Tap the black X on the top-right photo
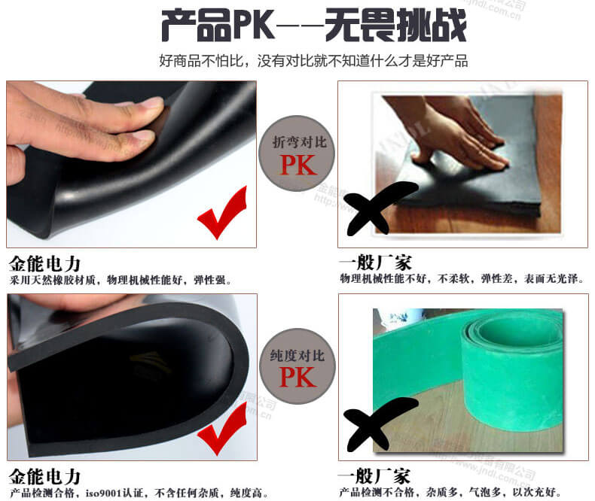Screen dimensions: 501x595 [x=380, y=206]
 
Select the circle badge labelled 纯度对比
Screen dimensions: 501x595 [x=298, y=367]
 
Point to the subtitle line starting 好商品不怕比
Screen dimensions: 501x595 [x=313, y=61]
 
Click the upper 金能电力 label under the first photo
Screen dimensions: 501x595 [x=45, y=264]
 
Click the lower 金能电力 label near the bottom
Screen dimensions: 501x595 [x=45, y=477]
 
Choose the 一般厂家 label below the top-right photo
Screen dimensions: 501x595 [x=375, y=264]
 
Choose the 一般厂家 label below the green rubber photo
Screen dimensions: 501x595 [x=375, y=477]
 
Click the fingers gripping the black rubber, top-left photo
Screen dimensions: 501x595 [x=83, y=120]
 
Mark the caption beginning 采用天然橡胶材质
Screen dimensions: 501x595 [x=121, y=281]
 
